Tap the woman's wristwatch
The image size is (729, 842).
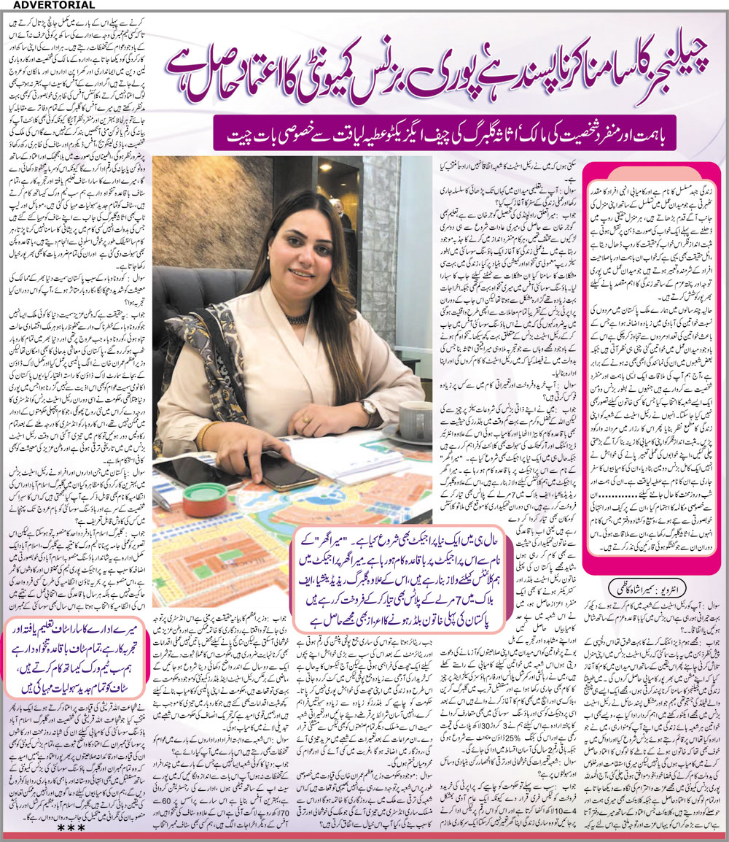(x=367, y=407)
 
